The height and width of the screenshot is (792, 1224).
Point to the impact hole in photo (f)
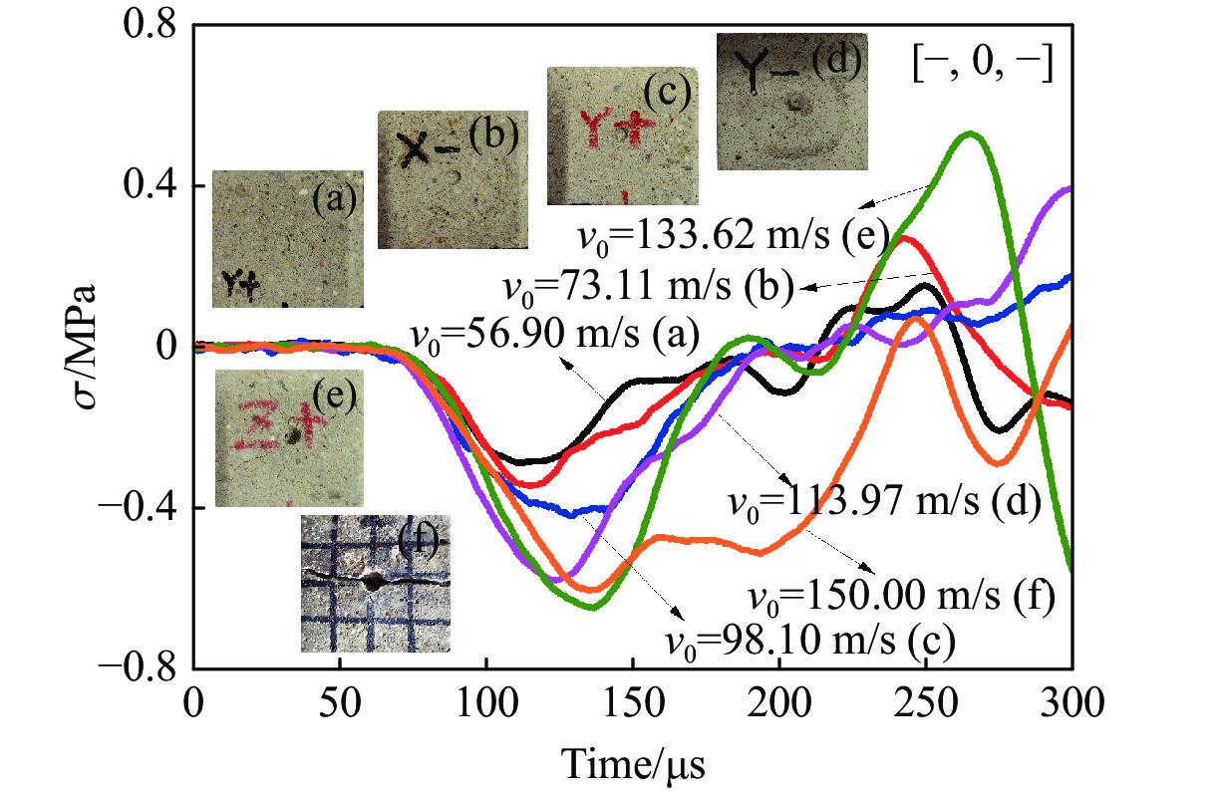click(373, 579)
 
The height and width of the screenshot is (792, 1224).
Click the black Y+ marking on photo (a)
click(239, 286)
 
